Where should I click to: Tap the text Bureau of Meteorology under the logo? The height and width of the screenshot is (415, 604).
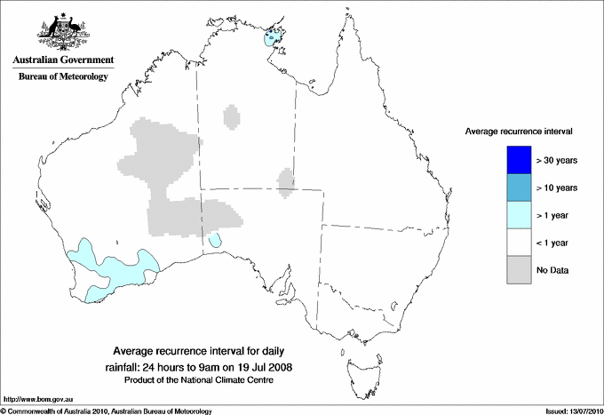click(x=63, y=77)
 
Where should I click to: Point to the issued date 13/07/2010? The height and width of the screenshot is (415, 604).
click(x=581, y=411)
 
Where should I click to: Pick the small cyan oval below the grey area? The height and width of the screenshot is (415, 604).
click(x=215, y=241)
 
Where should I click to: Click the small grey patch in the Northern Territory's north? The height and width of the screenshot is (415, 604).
click(x=232, y=116)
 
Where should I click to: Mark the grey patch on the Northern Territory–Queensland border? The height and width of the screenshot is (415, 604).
click(x=285, y=181)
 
